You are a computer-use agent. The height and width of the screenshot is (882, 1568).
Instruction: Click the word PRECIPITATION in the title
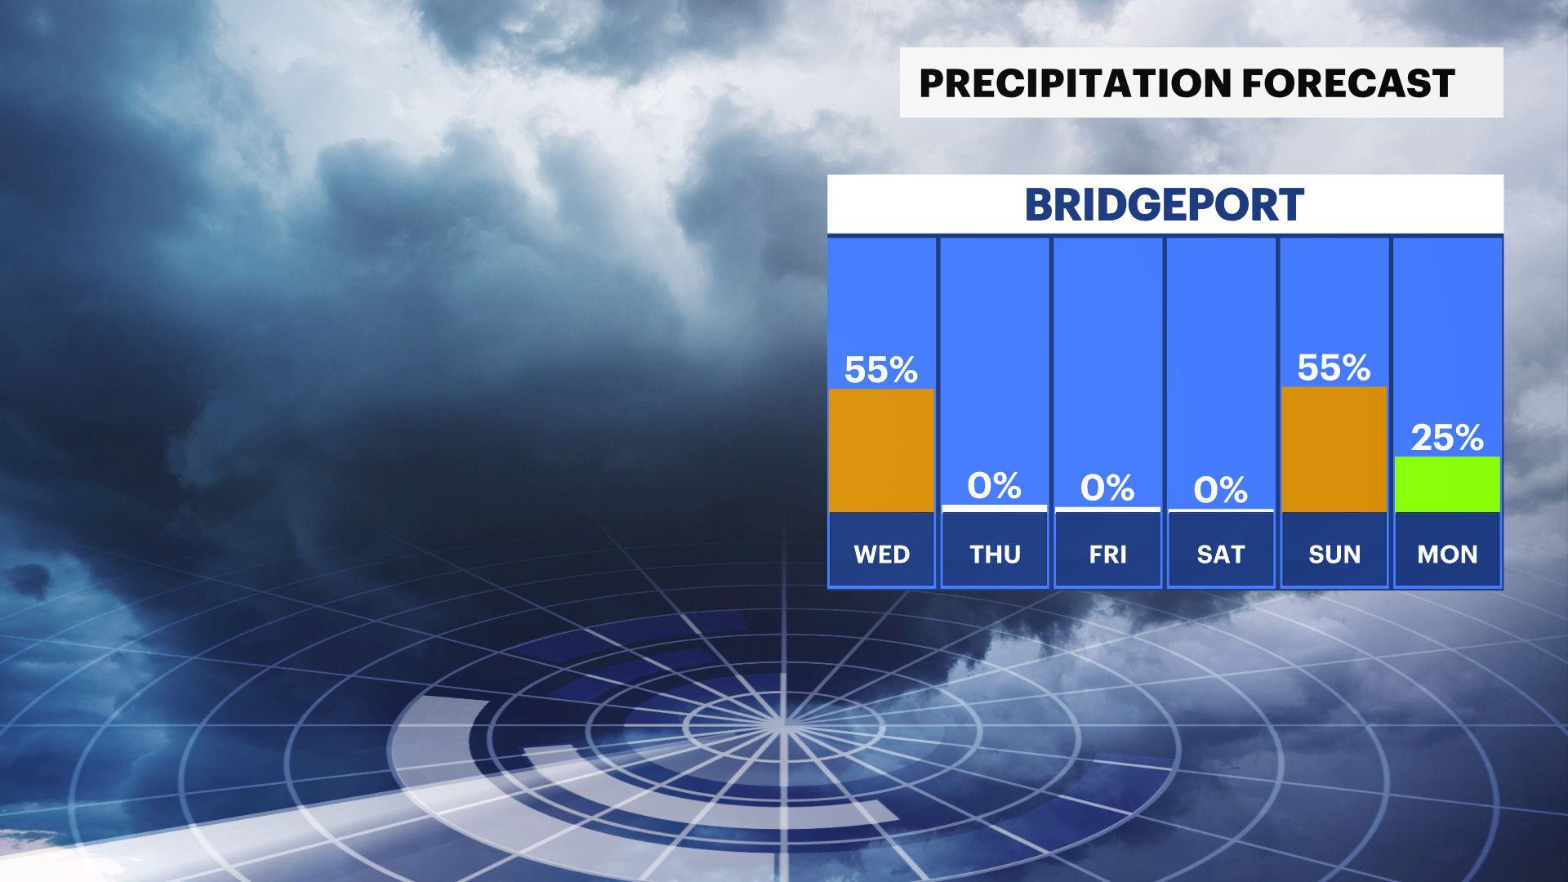(1075, 83)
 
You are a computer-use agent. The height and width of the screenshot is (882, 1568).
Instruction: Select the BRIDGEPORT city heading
(1165, 204)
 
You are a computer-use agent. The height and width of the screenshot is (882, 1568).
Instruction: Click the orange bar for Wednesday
(882, 450)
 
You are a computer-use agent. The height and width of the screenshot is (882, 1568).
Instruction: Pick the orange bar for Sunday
(1334, 449)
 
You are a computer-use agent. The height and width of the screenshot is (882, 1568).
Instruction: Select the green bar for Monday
(1447, 484)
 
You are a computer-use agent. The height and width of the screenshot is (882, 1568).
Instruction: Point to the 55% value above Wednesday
(881, 370)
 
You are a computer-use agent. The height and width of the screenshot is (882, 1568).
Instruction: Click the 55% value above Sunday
(1334, 367)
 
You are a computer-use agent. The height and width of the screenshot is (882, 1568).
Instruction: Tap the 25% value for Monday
(1447, 438)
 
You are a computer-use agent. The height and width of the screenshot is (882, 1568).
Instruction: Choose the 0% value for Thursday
(995, 486)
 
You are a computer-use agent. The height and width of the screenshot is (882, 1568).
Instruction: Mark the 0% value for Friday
(1107, 488)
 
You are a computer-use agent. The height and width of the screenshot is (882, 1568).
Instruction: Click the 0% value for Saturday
(1221, 490)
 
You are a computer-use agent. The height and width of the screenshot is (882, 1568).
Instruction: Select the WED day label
(882, 555)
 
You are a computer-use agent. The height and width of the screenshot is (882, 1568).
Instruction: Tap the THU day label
(995, 555)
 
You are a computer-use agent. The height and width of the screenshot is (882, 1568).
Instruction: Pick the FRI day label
(1108, 555)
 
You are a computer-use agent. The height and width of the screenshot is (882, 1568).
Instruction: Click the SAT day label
(1221, 555)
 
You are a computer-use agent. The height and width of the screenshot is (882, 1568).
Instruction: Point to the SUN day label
(1334, 555)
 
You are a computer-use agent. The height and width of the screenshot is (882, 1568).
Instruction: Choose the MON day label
(1447, 555)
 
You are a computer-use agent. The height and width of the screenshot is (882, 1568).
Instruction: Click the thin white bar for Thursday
(995, 508)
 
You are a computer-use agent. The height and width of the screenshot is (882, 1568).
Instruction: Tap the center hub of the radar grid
(783, 724)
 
